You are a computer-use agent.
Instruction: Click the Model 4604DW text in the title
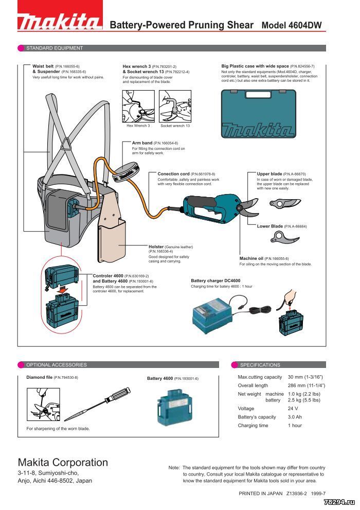click(x=294, y=25)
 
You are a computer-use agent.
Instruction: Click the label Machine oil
click(x=251, y=258)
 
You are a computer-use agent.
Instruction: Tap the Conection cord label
click(x=173, y=174)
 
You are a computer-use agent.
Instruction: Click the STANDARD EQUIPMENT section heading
click(x=55, y=48)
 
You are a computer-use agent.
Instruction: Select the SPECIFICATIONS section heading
click(x=260, y=365)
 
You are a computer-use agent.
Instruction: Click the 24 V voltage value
click(x=293, y=409)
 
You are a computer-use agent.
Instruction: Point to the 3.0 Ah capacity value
click(x=295, y=417)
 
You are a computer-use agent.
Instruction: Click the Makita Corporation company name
click(x=63, y=462)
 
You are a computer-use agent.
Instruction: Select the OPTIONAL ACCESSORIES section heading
click(x=57, y=365)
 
